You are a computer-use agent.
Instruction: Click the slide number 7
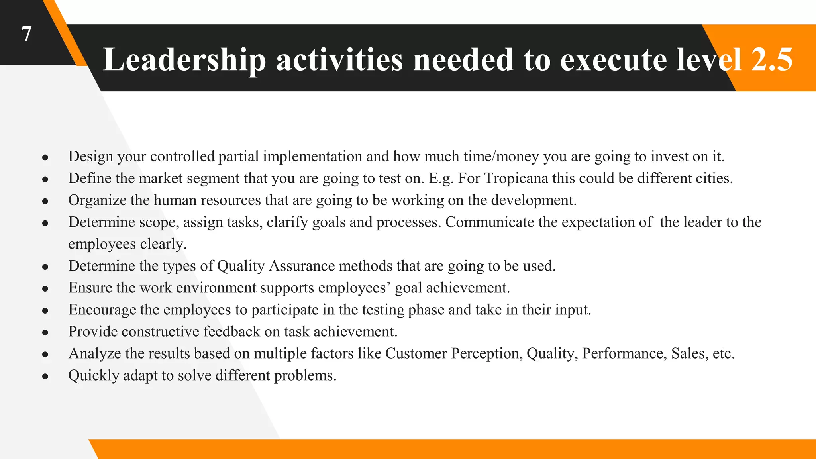pyautogui.click(x=26, y=34)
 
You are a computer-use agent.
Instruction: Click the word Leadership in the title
pyautogui.click(x=184, y=60)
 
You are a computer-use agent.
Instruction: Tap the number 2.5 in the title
pyautogui.click(x=771, y=60)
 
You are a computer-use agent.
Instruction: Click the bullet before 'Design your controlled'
pyautogui.click(x=45, y=158)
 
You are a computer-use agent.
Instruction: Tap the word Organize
pyautogui.click(x=97, y=200)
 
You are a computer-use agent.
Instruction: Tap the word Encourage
pyautogui.click(x=102, y=310)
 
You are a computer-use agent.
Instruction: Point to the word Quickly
pyautogui.click(x=94, y=375)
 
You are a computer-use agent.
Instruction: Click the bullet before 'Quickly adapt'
pyautogui.click(x=45, y=377)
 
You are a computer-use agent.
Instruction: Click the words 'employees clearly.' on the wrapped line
pyautogui.click(x=127, y=244)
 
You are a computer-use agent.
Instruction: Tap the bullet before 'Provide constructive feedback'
pyautogui.click(x=45, y=333)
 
